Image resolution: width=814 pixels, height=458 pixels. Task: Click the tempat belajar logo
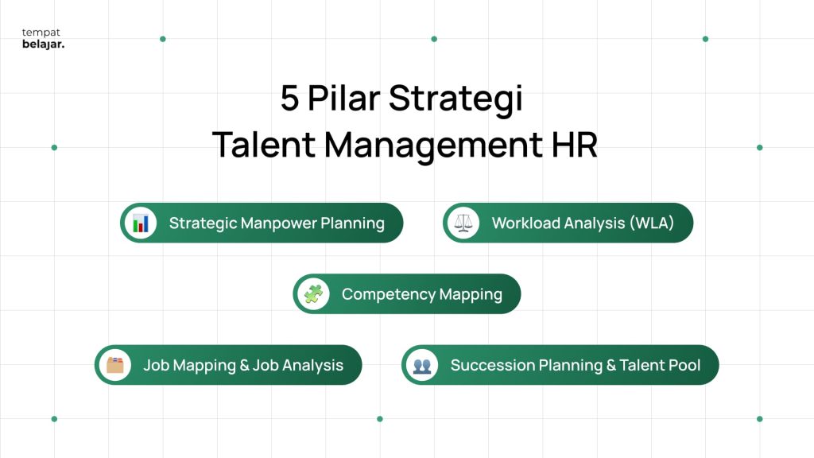43,39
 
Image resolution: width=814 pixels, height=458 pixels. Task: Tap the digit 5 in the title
289,99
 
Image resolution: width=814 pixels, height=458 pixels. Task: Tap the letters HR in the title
573,145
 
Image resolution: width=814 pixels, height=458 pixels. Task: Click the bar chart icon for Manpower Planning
141,223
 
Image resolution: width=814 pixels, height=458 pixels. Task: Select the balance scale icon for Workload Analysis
463,223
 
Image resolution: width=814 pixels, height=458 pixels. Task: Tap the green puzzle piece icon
313,294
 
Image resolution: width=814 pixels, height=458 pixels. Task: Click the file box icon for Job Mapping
115,365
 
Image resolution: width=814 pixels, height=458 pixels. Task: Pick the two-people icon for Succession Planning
422,365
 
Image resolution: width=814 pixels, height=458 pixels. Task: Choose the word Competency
385,295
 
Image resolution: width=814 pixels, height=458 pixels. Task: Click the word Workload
525,223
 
